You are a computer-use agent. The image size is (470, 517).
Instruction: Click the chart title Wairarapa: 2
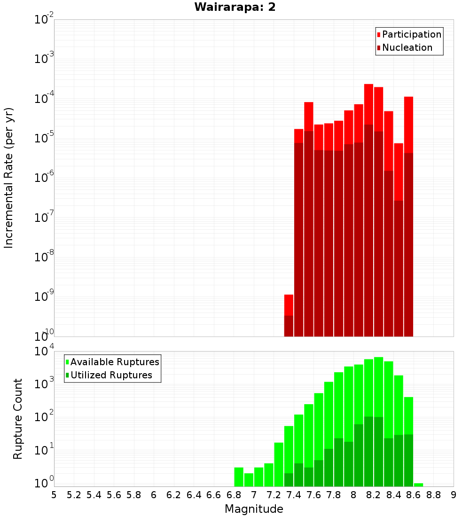coord(235,8)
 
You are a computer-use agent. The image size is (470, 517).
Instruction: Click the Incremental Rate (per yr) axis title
coord(9,178)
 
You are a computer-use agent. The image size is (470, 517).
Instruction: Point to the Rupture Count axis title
coord(18,419)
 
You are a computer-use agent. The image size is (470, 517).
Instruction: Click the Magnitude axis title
coord(254,509)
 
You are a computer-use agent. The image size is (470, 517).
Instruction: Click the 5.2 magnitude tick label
coord(74,495)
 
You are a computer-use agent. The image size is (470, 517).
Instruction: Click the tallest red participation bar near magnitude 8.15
coord(368,103)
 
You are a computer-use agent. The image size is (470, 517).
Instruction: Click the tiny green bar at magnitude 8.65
coord(418,485)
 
